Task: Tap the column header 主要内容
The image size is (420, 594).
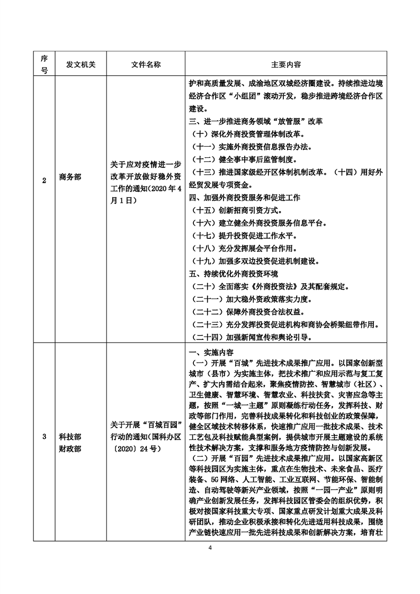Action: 286,64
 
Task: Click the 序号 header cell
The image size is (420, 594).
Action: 44,64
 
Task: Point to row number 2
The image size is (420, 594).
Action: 44,180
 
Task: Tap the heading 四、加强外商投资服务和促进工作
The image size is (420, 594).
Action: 245,197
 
